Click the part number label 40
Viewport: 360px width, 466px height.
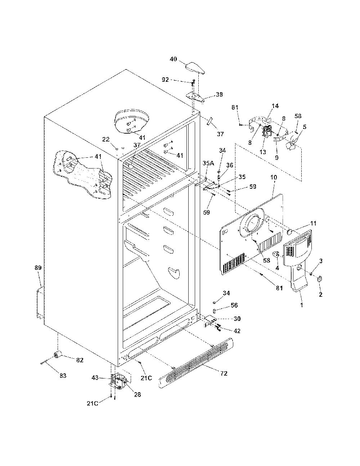174,59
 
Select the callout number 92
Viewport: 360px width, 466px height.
165,80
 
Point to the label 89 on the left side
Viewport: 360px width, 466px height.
38,268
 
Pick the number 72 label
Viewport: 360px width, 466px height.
224,373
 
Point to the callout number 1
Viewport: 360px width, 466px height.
302,305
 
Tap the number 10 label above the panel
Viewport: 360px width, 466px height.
274,177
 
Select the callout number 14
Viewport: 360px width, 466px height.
275,106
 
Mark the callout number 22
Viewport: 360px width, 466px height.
106,139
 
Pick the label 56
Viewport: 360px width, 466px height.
234,305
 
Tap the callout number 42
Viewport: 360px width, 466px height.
237,331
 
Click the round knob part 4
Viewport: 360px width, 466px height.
275,255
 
